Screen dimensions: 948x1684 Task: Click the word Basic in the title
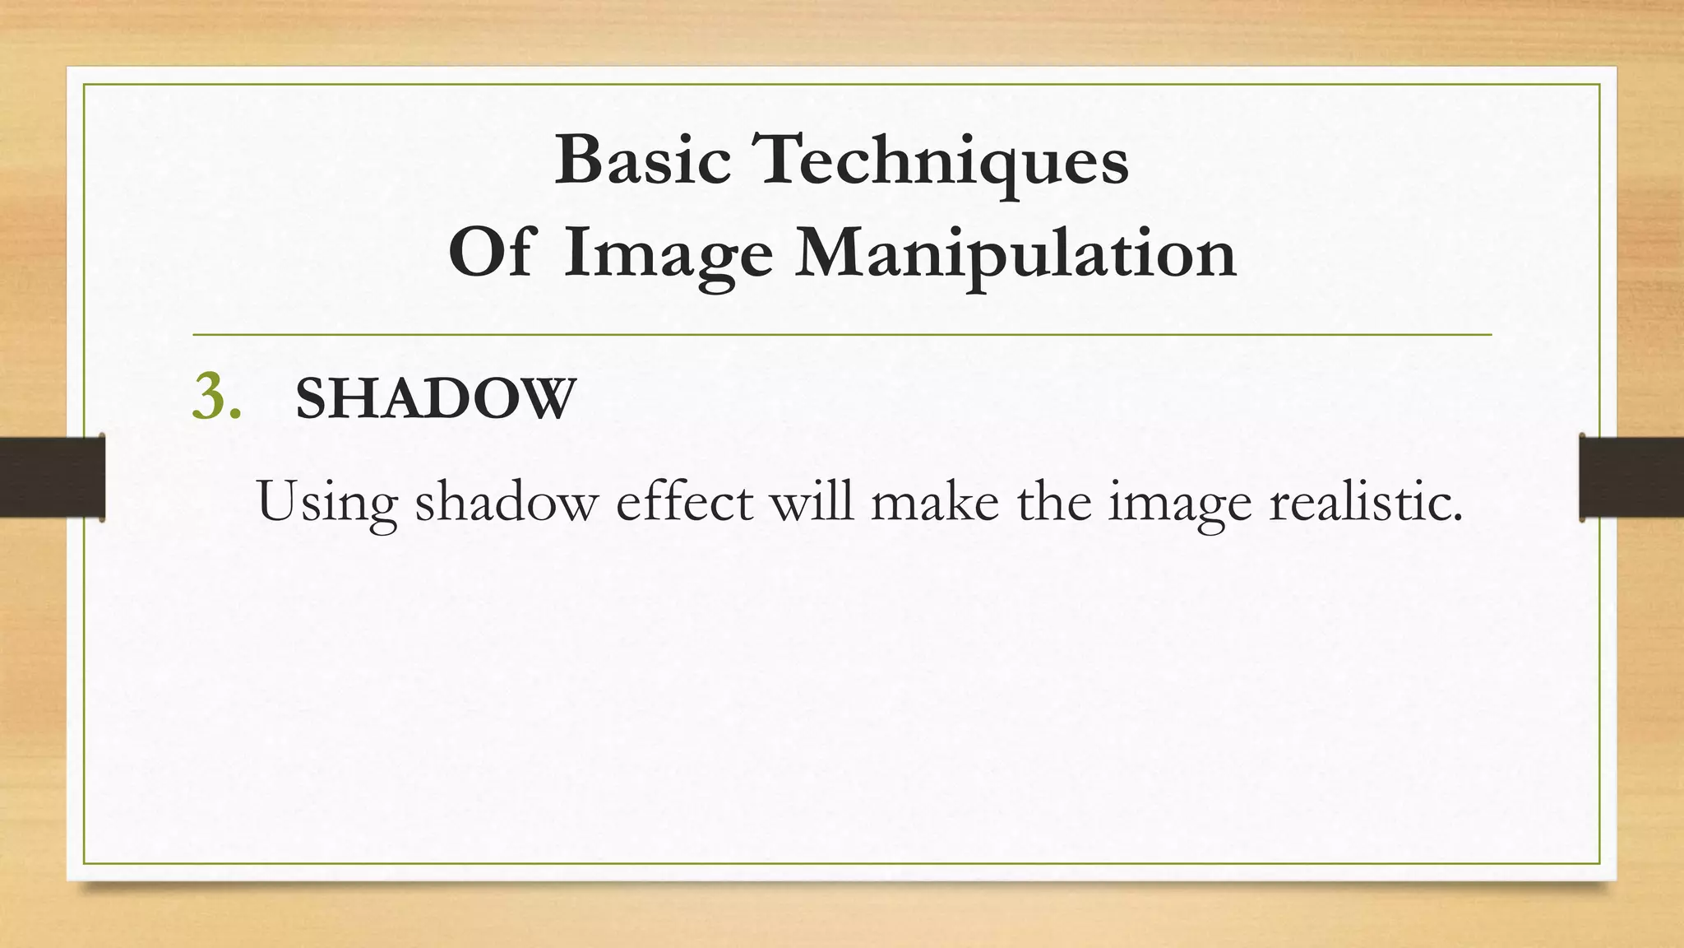coord(642,160)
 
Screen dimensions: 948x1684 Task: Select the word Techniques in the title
coord(943,161)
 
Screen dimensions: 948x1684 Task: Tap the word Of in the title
coord(492,253)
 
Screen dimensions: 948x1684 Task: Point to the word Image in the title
coord(668,255)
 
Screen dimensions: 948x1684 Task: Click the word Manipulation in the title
coord(1015,253)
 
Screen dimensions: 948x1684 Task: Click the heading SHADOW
coord(435,400)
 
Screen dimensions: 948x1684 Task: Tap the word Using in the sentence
coord(326,501)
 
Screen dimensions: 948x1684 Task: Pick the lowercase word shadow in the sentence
coord(506,501)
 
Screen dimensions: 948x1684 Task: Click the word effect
coord(684,501)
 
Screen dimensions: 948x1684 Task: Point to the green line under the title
coord(842,335)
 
